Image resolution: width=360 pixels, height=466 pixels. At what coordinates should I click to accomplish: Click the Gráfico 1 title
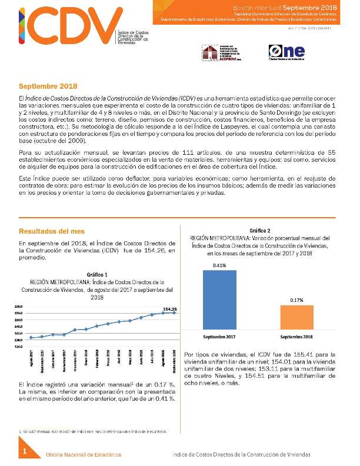tap(97, 275)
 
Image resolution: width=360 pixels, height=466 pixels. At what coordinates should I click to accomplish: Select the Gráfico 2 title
tap(261, 230)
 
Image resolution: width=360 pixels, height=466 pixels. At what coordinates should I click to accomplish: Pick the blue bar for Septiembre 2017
tap(219, 301)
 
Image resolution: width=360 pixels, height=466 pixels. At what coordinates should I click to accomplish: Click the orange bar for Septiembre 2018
tap(297, 319)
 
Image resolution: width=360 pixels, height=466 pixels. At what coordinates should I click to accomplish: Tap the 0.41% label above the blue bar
tap(219, 265)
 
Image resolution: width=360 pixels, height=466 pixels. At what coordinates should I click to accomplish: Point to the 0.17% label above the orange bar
tap(297, 301)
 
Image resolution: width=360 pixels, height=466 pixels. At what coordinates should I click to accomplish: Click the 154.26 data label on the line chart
tap(170, 309)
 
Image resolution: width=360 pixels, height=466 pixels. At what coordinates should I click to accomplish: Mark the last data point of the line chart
tap(173, 312)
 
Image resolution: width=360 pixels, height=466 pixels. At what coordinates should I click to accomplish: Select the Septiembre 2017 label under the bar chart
tap(219, 338)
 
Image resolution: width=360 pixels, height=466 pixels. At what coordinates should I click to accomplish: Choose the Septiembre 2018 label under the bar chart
tap(297, 338)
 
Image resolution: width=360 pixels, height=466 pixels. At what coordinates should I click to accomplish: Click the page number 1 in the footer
tap(25, 451)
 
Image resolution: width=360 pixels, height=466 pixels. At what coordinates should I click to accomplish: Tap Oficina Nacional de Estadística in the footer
tap(84, 455)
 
